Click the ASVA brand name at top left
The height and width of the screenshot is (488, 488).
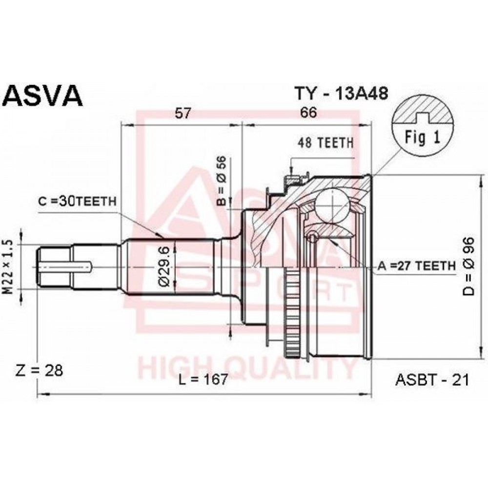[43, 96]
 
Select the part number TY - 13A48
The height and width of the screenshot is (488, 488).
[342, 93]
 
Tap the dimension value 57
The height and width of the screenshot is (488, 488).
[183, 113]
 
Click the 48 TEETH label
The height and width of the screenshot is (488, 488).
[325, 143]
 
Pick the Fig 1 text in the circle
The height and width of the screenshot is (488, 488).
[422, 137]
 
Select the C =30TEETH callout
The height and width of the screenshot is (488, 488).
[77, 202]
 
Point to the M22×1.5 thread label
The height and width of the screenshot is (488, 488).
[8, 267]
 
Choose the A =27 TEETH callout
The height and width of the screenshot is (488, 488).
[416, 266]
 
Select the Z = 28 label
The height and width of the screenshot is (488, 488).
[39, 370]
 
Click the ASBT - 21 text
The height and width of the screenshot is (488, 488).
[432, 380]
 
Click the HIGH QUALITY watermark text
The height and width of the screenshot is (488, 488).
[246, 369]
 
